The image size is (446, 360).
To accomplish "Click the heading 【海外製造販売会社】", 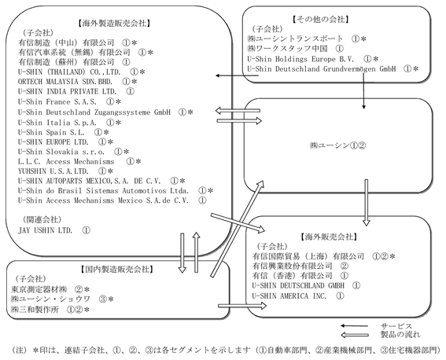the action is (114, 24).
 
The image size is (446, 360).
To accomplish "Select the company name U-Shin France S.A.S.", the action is (57, 101).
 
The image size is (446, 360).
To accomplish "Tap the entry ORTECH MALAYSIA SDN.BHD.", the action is (65, 82).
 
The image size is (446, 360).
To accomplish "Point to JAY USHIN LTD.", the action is (45, 230).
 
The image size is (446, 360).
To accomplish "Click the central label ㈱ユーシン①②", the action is (337, 145).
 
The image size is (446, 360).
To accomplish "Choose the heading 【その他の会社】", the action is (321, 20).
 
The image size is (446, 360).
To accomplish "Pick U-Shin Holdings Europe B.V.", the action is (300, 59).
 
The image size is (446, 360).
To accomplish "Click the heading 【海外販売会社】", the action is (329, 237).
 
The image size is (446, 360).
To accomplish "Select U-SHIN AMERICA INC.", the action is (289, 296).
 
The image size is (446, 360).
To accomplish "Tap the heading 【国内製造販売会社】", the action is (117, 269).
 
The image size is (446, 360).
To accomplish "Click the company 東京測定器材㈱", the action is (39, 289).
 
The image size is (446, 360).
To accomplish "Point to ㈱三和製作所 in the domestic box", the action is (35, 310).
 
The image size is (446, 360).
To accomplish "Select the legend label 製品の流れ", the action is (400, 335).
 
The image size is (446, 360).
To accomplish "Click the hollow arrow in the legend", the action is (355, 336).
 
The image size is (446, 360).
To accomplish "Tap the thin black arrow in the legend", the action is (355, 326).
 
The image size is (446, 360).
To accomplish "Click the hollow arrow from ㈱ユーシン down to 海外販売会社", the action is (367, 203).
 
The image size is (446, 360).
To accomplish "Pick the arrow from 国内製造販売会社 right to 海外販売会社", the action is (242, 306).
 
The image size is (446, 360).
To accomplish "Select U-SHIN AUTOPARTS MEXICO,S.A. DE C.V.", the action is (90, 181).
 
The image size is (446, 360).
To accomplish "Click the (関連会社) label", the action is (42, 219).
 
